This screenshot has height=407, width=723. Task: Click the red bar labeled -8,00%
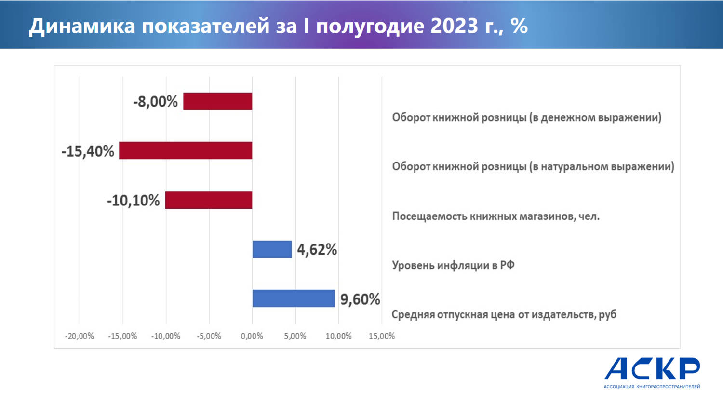click(217, 101)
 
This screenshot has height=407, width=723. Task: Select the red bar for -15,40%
click(186, 150)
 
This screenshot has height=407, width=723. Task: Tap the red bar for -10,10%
click(209, 200)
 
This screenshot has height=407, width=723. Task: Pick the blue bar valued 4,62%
click(272, 249)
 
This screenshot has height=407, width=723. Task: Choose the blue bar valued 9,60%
click(294, 298)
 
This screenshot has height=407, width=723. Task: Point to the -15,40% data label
click(88, 151)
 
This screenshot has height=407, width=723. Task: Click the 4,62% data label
click(317, 250)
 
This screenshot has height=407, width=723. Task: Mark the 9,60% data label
click(360, 299)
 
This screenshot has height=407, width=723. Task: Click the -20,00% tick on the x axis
click(80, 336)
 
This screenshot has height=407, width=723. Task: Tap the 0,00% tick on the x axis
click(252, 336)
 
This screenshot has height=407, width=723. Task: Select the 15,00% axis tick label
click(381, 336)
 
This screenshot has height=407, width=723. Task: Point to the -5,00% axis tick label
click(209, 336)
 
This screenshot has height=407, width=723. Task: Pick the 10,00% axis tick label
click(338, 336)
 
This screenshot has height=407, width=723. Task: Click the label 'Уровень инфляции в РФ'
click(453, 265)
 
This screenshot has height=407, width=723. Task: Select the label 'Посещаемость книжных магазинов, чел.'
click(495, 216)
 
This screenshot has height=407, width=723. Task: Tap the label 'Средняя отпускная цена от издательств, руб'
click(504, 315)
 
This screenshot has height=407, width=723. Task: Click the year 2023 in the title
click(455, 26)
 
